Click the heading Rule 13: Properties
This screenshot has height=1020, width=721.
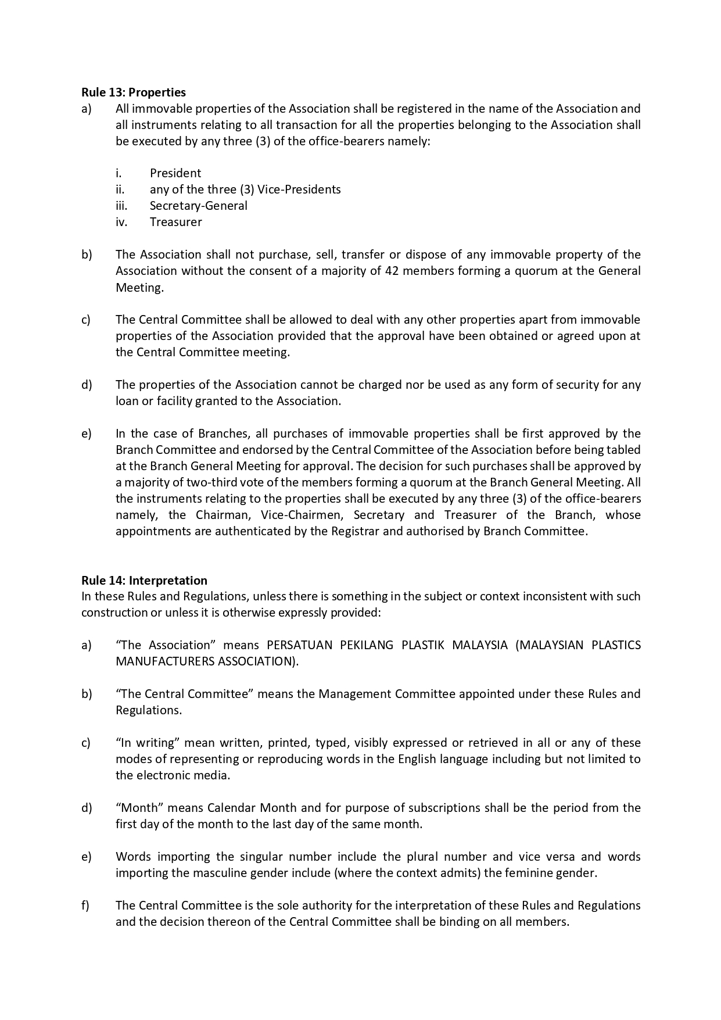[x=134, y=92]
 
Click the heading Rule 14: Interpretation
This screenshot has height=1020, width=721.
[x=144, y=580]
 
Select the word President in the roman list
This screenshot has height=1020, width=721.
[x=175, y=173]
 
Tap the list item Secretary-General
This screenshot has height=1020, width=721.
[x=198, y=206]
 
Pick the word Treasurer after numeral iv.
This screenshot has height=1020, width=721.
[x=175, y=222]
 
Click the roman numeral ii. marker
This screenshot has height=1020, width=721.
[x=120, y=189]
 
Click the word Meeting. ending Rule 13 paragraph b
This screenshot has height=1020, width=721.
[x=139, y=288]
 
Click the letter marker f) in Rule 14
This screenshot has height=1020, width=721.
[x=85, y=906]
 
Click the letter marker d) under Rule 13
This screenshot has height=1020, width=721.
[x=87, y=385]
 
